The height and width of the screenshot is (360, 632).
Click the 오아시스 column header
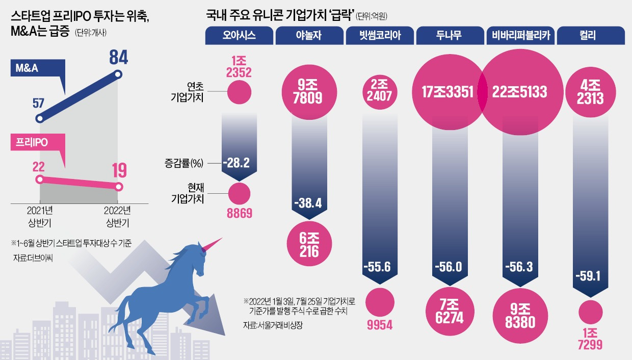click(238, 36)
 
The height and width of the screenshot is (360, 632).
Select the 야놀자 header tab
click(308, 36)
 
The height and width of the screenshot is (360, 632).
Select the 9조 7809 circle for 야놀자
click(308, 92)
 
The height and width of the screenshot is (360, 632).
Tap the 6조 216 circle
click(308, 244)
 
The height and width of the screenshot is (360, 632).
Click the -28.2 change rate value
click(238, 163)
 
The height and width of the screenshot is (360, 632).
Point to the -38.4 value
click(308, 203)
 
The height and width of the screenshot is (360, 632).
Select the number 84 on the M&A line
click(119, 58)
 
